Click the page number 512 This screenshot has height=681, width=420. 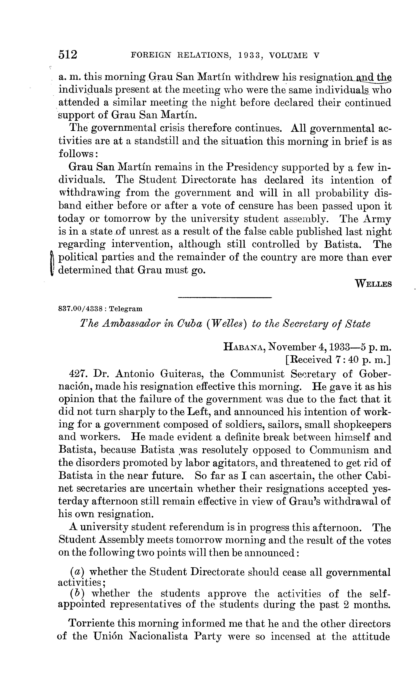(68, 55)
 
